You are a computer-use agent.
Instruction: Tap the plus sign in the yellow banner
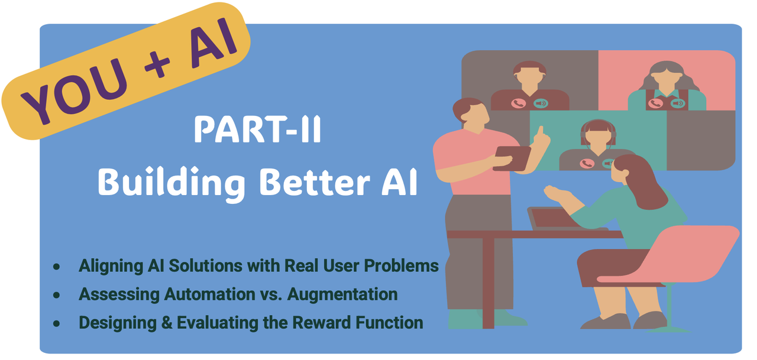coord(157,64)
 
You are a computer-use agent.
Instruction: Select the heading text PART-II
coord(257,129)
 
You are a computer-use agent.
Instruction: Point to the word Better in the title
coord(315,182)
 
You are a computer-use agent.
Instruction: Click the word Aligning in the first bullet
coord(111,267)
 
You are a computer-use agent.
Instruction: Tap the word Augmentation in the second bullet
coord(342,295)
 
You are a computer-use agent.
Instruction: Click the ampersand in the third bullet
coord(167,323)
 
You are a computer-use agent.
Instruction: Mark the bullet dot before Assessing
coord(56,295)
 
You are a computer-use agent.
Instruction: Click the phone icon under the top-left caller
coord(519,103)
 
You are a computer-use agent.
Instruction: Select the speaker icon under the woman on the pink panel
coord(678,103)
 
